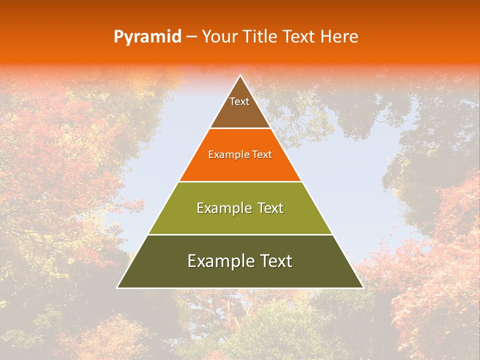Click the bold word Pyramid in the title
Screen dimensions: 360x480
click(x=147, y=37)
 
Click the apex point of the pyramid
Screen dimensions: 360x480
click(x=240, y=76)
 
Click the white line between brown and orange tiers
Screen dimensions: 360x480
click(x=240, y=128)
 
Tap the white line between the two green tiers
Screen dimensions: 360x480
click(x=240, y=234)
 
